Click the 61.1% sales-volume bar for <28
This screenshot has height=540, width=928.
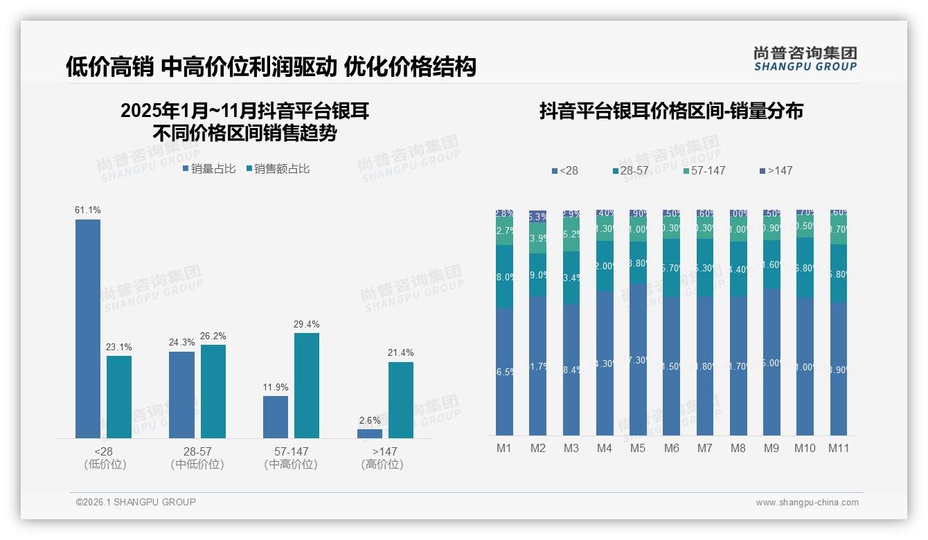(x=88, y=329)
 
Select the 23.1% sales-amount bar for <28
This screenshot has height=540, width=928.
(x=119, y=397)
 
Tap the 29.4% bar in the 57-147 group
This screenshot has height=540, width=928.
(x=307, y=386)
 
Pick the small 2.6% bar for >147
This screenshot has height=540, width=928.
(x=370, y=434)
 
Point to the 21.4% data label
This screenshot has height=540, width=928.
(x=400, y=353)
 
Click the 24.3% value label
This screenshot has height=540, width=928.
(x=181, y=343)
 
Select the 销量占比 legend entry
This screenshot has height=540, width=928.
(x=209, y=169)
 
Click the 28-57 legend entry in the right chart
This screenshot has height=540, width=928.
(x=634, y=171)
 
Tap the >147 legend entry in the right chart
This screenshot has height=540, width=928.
(x=776, y=171)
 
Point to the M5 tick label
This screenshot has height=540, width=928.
(x=638, y=449)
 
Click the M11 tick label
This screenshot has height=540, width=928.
(x=839, y=449)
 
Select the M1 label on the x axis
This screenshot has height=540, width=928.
(x=504, y=449)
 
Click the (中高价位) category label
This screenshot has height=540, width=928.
(x=291, y=465)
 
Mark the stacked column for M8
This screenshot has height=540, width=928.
(x=738, y=323)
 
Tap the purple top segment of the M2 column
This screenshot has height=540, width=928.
(x=538, y=217)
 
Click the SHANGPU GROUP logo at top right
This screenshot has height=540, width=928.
(x=805, y=59)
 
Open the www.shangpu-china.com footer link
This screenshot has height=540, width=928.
(x=807, y=503)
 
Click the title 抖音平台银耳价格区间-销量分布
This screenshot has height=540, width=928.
(x=671, y=111)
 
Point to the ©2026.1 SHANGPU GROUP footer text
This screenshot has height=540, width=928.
(x=136, y=502)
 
